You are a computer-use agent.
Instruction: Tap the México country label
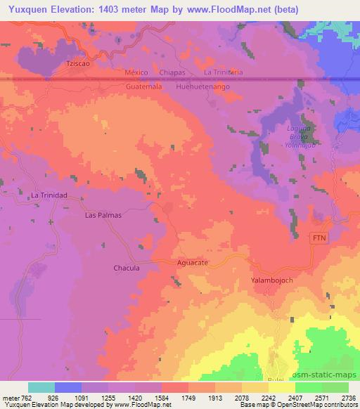point(137,72)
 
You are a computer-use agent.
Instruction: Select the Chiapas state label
point(172,72)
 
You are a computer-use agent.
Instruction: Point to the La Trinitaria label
point(223,72)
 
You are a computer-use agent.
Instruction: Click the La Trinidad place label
point(49,195)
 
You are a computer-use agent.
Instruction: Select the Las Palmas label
point(103,215)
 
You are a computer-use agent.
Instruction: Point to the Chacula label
point(127,268)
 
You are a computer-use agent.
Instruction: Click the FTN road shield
point(320,238)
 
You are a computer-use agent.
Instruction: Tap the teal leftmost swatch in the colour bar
point(41,387)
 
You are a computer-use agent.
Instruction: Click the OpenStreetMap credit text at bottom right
point(318,405)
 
